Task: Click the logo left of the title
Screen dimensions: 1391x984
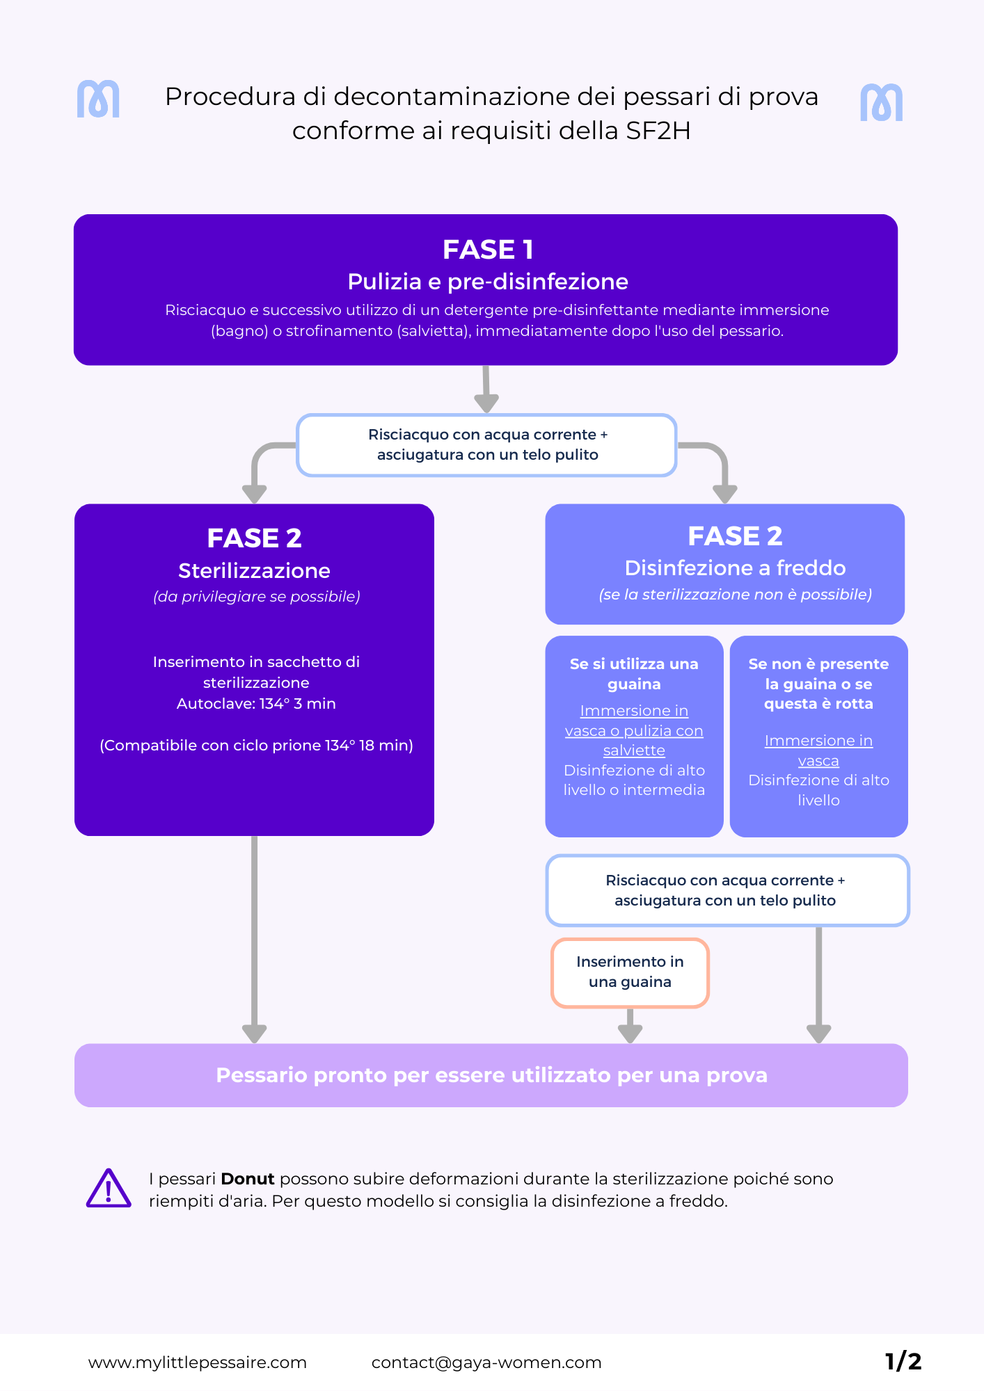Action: (98, 99)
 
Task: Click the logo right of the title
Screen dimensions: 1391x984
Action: (881, 103)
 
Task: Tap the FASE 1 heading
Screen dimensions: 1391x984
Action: (488, 250)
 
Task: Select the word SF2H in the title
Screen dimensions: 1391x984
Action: (658, 131)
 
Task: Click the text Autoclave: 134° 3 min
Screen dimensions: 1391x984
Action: (256, 703)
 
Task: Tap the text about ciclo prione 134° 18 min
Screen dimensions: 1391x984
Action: (256, 746)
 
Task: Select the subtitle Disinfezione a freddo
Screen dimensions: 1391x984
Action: (735, 568)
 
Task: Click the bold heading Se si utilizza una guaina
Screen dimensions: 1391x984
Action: (634, 674)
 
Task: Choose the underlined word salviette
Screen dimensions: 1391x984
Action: (634, 750)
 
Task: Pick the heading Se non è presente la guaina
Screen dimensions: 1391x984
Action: (818, 684)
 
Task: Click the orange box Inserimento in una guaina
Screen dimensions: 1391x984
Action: (630, 972)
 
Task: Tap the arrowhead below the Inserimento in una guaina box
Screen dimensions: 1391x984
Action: (630, 1032)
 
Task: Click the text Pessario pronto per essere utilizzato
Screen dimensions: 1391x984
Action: (491, 1075)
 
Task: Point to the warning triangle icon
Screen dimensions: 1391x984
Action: (109, 1189)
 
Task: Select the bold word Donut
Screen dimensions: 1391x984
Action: (248, 1179)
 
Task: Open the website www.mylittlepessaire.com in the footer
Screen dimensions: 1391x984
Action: (198, 1362)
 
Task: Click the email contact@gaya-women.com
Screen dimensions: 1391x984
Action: (486, 1362)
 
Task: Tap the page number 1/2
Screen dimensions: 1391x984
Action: (903, 1361)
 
